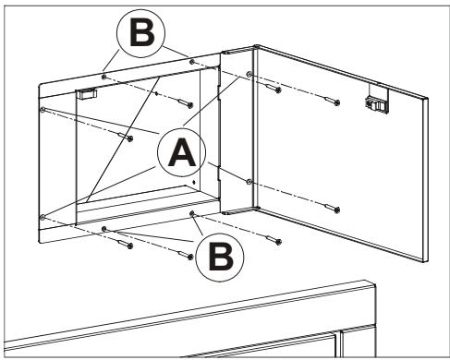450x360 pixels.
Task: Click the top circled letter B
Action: pyautogui.click(x=141, y=33)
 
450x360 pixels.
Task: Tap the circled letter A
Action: pyautogui.click(x=182, y=152)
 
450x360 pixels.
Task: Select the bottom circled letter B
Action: pyautogui.click(x=220, y=257)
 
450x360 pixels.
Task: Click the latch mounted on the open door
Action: pyautogui.click(x=375, y=103)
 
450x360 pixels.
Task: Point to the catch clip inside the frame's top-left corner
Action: pyautogui.click(x=87, y=93)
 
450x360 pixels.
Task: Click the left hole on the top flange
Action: pyautogui.click(x=104, y=76)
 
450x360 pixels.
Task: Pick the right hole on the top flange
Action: pyautogui.click(x=192, y=62)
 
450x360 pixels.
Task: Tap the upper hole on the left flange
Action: pyautogui.click(x=43, y=109)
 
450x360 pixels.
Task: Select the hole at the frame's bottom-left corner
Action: pyautogui.click(x=43, y=217)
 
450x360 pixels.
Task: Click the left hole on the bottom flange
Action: pyautogui.click(x=104, y=228)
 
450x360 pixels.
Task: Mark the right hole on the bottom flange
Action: pyautogui.click(x=192, y=213)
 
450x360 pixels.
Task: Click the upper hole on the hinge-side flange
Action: pyautogui.click(x=249, y=74)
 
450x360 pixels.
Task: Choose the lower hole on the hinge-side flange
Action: pyautogui.click(x=249, y=181)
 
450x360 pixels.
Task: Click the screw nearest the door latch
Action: pyautogui.click(x=332, y=101)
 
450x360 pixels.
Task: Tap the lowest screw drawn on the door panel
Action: pyautogui.click(x=332, y=208)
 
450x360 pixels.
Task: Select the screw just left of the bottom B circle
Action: pyautogui.click(x=186, y=255)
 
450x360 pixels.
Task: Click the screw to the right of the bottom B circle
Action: pyautogui.click(x=274, y=240)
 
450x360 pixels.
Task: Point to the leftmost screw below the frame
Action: pyautogui.click(x=125, y=244)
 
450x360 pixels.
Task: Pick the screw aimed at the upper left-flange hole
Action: pyautogui.click(x=125, y=137)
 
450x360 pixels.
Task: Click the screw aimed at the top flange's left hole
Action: pyautogui.click(x=186, y=102)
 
